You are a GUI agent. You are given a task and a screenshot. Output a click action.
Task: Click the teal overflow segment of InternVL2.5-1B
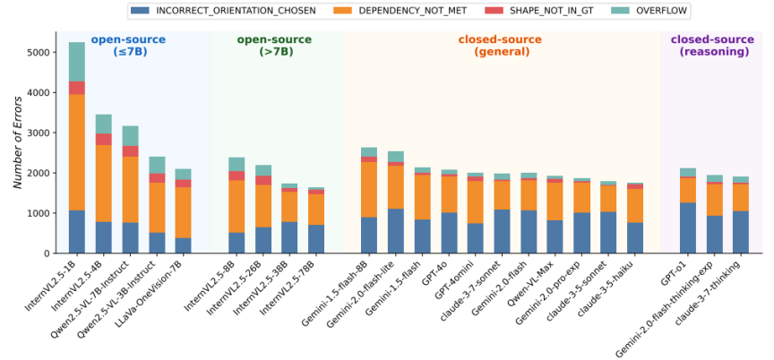[x=77, y=62]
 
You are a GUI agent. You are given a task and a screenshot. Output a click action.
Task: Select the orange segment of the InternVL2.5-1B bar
[x=77, y=152]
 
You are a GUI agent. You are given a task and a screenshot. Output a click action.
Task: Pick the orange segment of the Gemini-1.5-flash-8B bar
[x=369, y=190]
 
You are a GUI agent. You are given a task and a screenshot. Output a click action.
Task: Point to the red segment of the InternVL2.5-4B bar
[x=104, y=139]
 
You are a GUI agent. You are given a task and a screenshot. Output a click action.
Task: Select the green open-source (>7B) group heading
[x=274, y=46]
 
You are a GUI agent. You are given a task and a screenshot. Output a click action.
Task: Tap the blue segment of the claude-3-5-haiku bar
[x=635, y=237]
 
